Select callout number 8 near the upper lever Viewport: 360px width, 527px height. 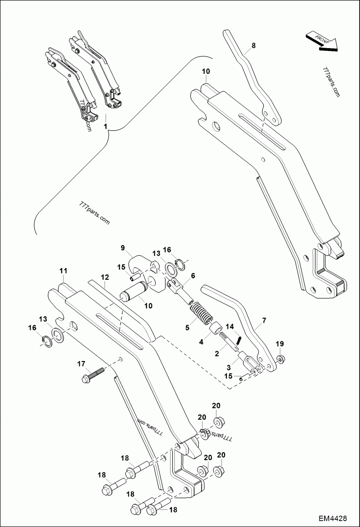coord(253,45)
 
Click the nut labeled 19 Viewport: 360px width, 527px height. coord(279,358)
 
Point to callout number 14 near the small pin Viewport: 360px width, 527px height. coord(229,326)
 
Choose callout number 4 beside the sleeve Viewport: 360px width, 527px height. coord(201,342)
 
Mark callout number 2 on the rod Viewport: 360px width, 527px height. coord(216,354)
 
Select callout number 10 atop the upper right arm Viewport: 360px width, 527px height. coord(206,71)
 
